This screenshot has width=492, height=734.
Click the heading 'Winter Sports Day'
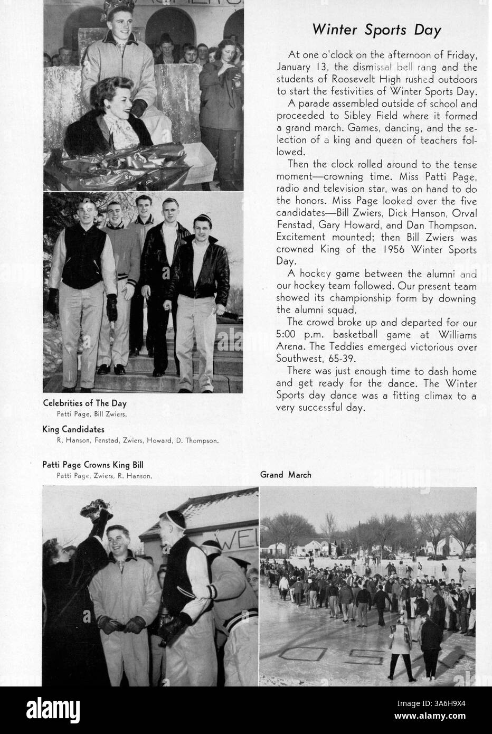coord(376,30)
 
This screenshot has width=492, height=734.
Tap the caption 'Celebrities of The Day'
coord(84,403)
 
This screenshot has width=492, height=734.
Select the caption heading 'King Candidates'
coord(73,429)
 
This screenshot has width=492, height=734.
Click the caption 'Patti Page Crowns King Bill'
coord(93,465)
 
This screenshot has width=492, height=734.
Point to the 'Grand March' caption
coord(286,475)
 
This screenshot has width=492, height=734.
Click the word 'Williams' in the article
coord(457,335)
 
